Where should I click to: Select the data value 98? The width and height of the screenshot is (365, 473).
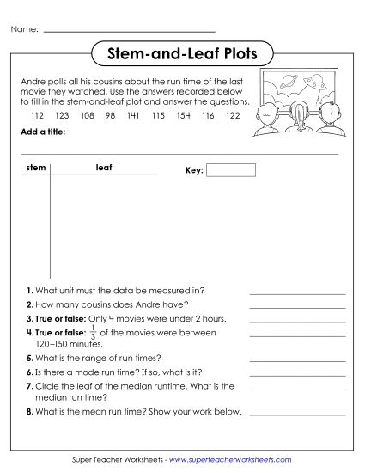[x=110, y=114]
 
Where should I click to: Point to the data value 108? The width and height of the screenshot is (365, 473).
[x=87, y=114]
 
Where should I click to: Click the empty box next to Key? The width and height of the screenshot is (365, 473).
[x=231, y=170]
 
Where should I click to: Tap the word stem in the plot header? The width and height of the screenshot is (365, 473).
[x=36, y=168]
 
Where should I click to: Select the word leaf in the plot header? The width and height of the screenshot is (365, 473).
[x=104, y=168]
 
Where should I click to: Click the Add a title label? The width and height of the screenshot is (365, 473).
[x=42, y=132]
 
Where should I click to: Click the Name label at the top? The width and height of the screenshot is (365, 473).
[x=25, y=29]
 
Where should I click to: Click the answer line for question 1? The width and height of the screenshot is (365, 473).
[x=297, y=293]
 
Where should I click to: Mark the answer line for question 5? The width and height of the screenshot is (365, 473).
[x=297, y=359]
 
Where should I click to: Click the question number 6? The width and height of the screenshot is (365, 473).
[x=28, y=372]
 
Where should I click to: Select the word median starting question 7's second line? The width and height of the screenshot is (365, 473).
[x=50, y=398]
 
